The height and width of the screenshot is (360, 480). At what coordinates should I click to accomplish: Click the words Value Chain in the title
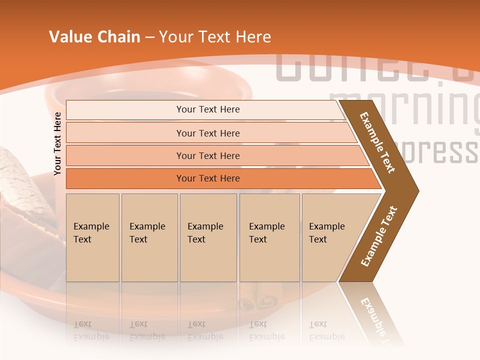click(x=94, y=37)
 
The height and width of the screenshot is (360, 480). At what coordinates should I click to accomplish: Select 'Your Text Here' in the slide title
click(x=215, y=37)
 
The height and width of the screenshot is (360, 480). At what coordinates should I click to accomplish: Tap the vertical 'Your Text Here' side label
click(x=57, y=143)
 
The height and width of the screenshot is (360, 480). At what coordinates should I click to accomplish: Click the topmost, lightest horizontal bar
click(x=207, y=109)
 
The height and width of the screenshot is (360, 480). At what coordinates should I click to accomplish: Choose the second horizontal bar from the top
click(x=207, y=133)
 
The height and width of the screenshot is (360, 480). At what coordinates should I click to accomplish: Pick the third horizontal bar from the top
click(x=207, y=155)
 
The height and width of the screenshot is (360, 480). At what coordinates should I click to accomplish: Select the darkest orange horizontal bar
click(x=207, y=178)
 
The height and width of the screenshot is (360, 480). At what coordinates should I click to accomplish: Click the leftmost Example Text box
click(x=92, y=237)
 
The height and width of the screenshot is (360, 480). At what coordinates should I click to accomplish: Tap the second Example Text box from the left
click(x=149, y=237)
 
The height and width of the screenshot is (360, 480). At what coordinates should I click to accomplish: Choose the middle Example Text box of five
click(x=208, y=237)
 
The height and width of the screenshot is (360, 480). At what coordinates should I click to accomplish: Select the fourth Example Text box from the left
click(x=269, y=237)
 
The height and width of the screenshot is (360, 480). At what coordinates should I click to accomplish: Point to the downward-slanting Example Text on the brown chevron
click(x=377, y=142)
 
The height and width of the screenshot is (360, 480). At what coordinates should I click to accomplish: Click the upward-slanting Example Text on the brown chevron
click(x=379, y=236)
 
